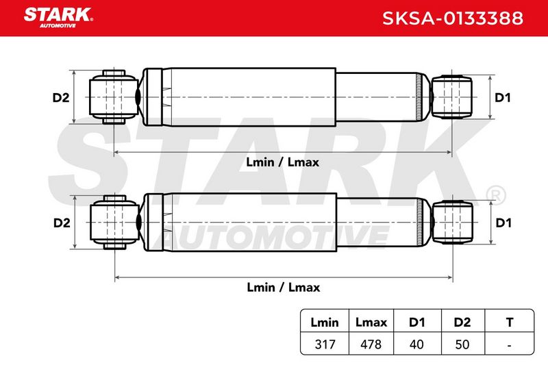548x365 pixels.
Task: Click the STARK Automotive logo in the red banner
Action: coord(58,18)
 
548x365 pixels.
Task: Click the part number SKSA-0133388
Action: coord(453,18)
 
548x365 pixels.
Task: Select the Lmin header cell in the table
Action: coord(325,322)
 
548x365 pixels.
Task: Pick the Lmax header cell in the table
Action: coord(371,322)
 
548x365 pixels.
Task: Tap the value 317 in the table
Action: coord(325,344)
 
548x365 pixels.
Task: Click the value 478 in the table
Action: coord(371,344)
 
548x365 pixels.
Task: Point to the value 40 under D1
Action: coord(416,344)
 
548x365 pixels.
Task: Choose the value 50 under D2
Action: coord(462,344)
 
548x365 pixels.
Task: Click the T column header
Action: coord(510,322)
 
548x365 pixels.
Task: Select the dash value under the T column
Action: coord(510,345)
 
